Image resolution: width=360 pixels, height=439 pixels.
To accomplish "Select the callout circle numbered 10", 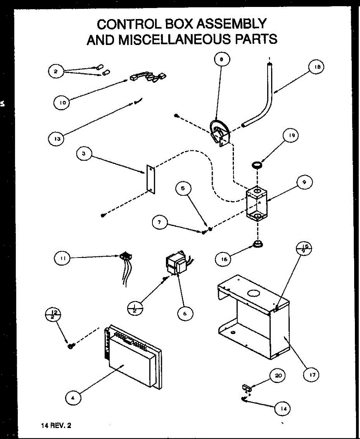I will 63,103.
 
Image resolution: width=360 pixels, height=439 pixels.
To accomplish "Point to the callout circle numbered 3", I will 84,154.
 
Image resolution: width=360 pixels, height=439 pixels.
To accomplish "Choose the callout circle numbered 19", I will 291,135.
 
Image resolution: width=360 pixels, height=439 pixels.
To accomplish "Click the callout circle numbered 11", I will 62,258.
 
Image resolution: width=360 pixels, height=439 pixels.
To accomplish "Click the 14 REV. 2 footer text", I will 56,425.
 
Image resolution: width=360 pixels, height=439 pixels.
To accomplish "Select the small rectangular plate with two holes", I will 151,178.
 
